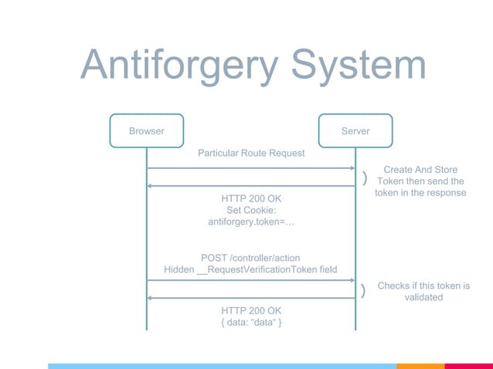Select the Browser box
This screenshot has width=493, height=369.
pos(146,130)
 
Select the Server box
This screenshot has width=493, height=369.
pos(355,130)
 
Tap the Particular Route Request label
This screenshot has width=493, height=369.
pos(251,153)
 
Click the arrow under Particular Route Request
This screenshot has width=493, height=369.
pos(250,168)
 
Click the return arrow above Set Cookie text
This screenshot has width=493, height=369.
pos(250,185)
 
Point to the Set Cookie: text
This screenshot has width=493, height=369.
pos(251,210)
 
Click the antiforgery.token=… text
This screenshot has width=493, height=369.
pos(251,222)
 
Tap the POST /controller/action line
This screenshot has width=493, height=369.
pos(250,257)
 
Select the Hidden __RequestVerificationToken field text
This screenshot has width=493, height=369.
pos(250,269)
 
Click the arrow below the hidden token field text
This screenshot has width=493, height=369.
pos(250,280)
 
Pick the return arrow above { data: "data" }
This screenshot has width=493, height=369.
pos(250,298)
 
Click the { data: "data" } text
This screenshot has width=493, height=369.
pos(251,323)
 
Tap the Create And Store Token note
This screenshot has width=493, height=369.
pos(420,181)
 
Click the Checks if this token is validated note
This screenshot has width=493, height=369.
pos(423,291)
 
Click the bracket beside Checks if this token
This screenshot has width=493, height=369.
pos(363,290)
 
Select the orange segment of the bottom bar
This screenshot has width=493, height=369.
pos(420,366)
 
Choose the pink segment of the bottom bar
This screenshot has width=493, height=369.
pos(468,366)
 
